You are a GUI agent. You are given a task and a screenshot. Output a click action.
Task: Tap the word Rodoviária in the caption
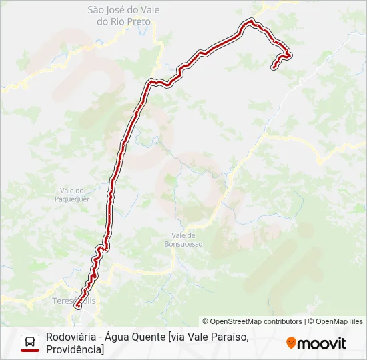point(71,337)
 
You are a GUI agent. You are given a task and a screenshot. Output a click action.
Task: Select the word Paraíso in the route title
point(227,337)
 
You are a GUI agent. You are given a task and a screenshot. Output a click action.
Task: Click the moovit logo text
point(322,343)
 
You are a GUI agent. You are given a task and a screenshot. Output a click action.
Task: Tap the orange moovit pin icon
point(291,343)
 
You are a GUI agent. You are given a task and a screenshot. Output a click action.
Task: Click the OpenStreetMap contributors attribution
point(252,321)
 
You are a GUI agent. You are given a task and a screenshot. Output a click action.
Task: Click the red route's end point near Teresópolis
point(77,306)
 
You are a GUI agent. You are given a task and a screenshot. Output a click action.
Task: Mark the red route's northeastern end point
point(274,67)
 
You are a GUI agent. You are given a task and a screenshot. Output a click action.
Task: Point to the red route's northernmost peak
point(251,21)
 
